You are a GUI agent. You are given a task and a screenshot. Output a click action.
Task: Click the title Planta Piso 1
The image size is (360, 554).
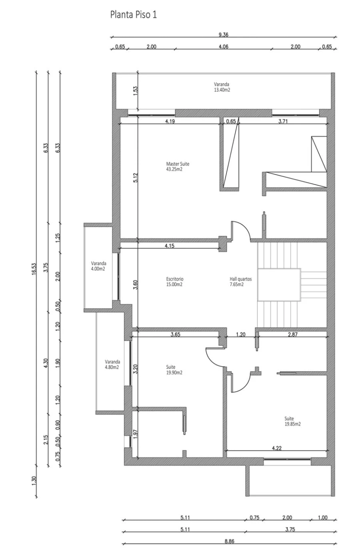[x=133, y=15]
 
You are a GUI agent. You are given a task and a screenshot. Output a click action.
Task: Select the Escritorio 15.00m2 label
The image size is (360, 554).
[x=175, y=282]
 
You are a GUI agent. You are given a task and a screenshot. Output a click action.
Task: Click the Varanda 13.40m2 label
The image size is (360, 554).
[x=222, y=87]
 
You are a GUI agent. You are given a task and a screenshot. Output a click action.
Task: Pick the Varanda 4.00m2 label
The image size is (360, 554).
[x=98, y=266]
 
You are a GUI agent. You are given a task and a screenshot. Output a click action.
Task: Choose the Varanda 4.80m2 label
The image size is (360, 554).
[x=112, y=365]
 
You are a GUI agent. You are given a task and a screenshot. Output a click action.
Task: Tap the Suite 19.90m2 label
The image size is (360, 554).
[x=174, y=370]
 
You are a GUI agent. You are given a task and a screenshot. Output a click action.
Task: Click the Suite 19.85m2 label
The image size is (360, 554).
[x=292, y=421]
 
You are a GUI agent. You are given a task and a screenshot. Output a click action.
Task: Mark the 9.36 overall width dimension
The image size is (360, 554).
[x=224, y=35]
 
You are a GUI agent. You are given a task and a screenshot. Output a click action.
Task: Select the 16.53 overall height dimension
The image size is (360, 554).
[x=34, y=268]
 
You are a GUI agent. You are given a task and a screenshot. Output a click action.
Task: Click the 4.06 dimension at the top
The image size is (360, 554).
[x=224, y=46]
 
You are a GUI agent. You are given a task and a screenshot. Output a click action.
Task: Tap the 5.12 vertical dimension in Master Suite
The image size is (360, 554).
[x=136, y=177]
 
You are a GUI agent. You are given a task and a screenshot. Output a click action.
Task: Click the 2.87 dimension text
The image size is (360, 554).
[x=293, y=335]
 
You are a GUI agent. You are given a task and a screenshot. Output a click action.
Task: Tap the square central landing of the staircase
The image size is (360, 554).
[x=279, y=285]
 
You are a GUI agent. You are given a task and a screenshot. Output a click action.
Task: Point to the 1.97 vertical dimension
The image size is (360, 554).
[x=135, y=434]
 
